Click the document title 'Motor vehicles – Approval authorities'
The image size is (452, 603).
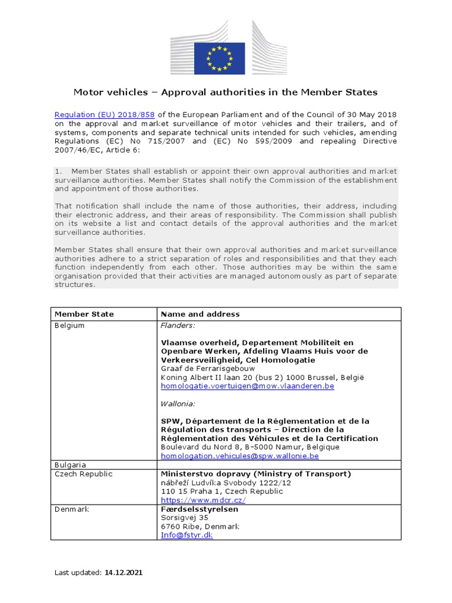tap(225, 92)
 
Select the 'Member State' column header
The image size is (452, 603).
tap(84, 314)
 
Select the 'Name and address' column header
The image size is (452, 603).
tap(200, 314)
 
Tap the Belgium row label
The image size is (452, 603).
tap(69, 325)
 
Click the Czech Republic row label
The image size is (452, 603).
tap(83, 474)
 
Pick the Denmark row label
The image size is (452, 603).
tap(72, 509)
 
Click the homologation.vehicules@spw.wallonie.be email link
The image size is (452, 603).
tap(240, 455)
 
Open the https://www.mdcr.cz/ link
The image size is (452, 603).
tap(203, 500)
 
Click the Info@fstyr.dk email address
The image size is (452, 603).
tap(187, 535)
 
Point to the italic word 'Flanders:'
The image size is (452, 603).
tap(178, 325)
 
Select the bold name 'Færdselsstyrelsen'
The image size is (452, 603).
tap(197, 509)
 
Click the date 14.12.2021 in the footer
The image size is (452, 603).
tap(123, 572)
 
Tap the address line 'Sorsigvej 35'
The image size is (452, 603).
tap(185, 518)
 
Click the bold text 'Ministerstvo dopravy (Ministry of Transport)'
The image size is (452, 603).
tap(256, 474)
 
